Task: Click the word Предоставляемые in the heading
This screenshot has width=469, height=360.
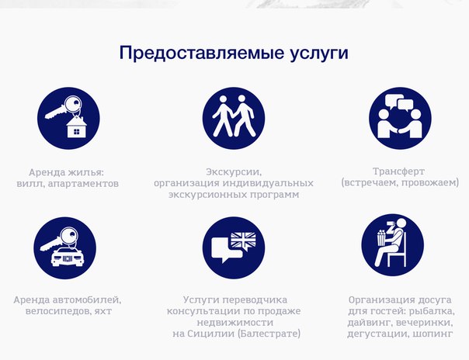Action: click(202, 53)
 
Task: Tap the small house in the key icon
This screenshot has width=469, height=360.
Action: click(77, 127)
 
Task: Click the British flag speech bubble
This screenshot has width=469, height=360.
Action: click(244, 241)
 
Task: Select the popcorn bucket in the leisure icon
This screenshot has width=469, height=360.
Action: click(381, 238)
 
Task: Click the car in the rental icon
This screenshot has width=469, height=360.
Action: click(67, 257)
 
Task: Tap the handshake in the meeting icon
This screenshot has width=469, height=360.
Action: click(400, 130)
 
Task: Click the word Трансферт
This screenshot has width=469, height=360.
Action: click(398, 171)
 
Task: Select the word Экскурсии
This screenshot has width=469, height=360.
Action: click(234, 172)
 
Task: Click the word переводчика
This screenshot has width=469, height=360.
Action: click(255, 300)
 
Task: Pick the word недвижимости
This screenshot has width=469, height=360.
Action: click(235, 322)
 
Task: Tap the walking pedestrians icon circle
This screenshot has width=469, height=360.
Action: click(234, 118)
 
